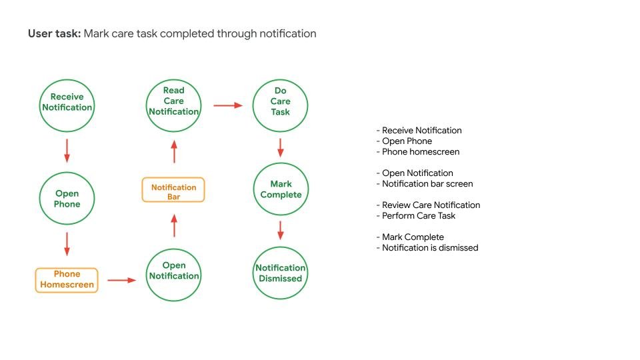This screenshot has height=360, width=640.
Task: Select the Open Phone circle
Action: tap(67, 199)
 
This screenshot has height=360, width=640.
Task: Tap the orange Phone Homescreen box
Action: tap(67, 280)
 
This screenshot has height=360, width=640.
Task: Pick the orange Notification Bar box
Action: tap(173, 190)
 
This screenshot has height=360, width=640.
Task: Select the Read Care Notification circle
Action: tap(174, 101)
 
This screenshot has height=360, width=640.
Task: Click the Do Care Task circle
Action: tap(281, 101)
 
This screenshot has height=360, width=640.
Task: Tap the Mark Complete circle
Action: tap(281, 189)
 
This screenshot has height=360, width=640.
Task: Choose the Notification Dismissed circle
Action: tap(281, 273)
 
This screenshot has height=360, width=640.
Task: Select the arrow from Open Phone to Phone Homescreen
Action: tap(67, 243)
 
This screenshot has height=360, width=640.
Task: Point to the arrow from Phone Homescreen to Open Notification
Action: tap(121, 281)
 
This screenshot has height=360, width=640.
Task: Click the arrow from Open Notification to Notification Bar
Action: tap(174, 226)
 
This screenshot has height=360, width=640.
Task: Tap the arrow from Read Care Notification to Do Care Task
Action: tap(227, 105)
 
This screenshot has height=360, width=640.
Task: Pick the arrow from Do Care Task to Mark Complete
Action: tap(281, 147)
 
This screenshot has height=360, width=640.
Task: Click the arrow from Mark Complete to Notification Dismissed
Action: tap(281, 230)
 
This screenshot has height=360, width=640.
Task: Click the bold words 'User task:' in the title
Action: tap(54, 33)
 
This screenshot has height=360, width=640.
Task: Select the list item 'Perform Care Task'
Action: tap(419, 216)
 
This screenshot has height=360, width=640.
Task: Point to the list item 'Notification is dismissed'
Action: tap(430, 248)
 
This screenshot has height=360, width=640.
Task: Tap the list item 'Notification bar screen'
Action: tap(427, 184)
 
